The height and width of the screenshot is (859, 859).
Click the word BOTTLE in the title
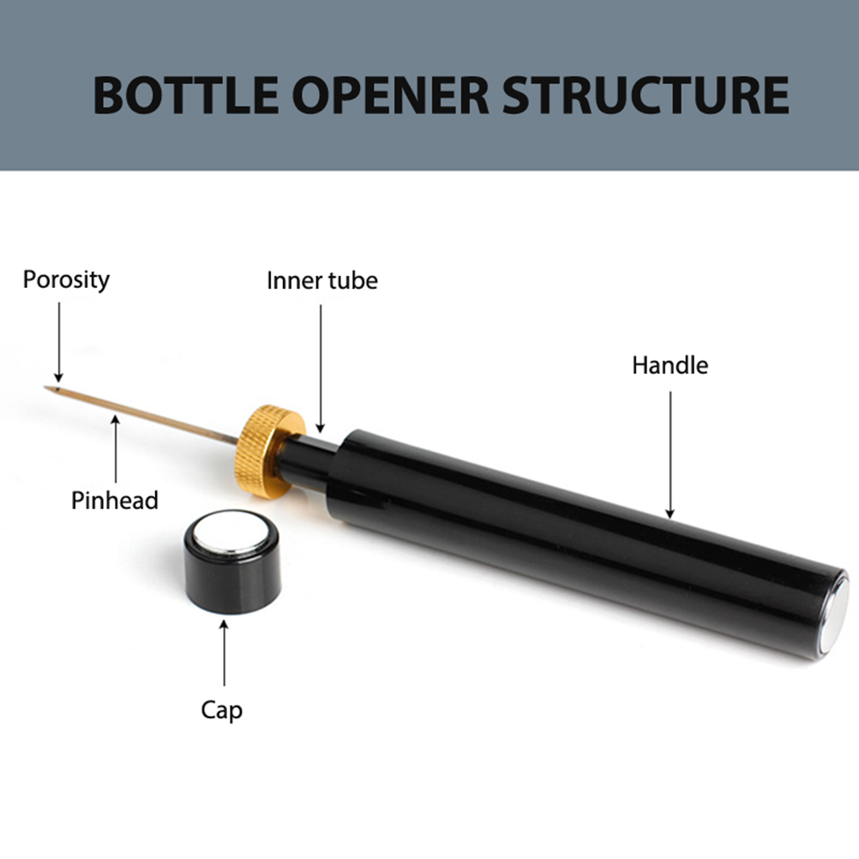coord(185,95)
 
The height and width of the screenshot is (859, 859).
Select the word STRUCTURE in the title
coord(646,95)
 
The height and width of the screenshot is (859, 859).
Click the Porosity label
coord(66,280)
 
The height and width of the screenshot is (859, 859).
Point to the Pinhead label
coord(115,500)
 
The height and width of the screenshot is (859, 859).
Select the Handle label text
coord(670,365)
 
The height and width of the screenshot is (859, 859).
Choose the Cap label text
coord(221,711)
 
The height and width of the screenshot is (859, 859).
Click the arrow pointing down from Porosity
coord(58,342)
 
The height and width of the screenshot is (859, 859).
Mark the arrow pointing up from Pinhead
coord(116,449)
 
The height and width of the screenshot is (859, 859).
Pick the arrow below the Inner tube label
coord(321,369)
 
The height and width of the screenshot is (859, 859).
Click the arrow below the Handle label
coord(670,454)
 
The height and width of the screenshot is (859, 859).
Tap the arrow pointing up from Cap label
coord(224,653)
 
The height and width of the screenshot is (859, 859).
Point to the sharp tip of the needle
coord(45,387)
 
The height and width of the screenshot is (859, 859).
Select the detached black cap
coord(233,563)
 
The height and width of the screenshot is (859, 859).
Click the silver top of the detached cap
coord(231,534)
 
